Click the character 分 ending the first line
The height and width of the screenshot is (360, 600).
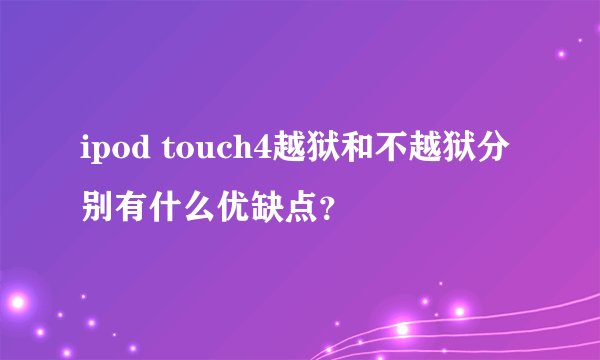coord(497,151)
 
